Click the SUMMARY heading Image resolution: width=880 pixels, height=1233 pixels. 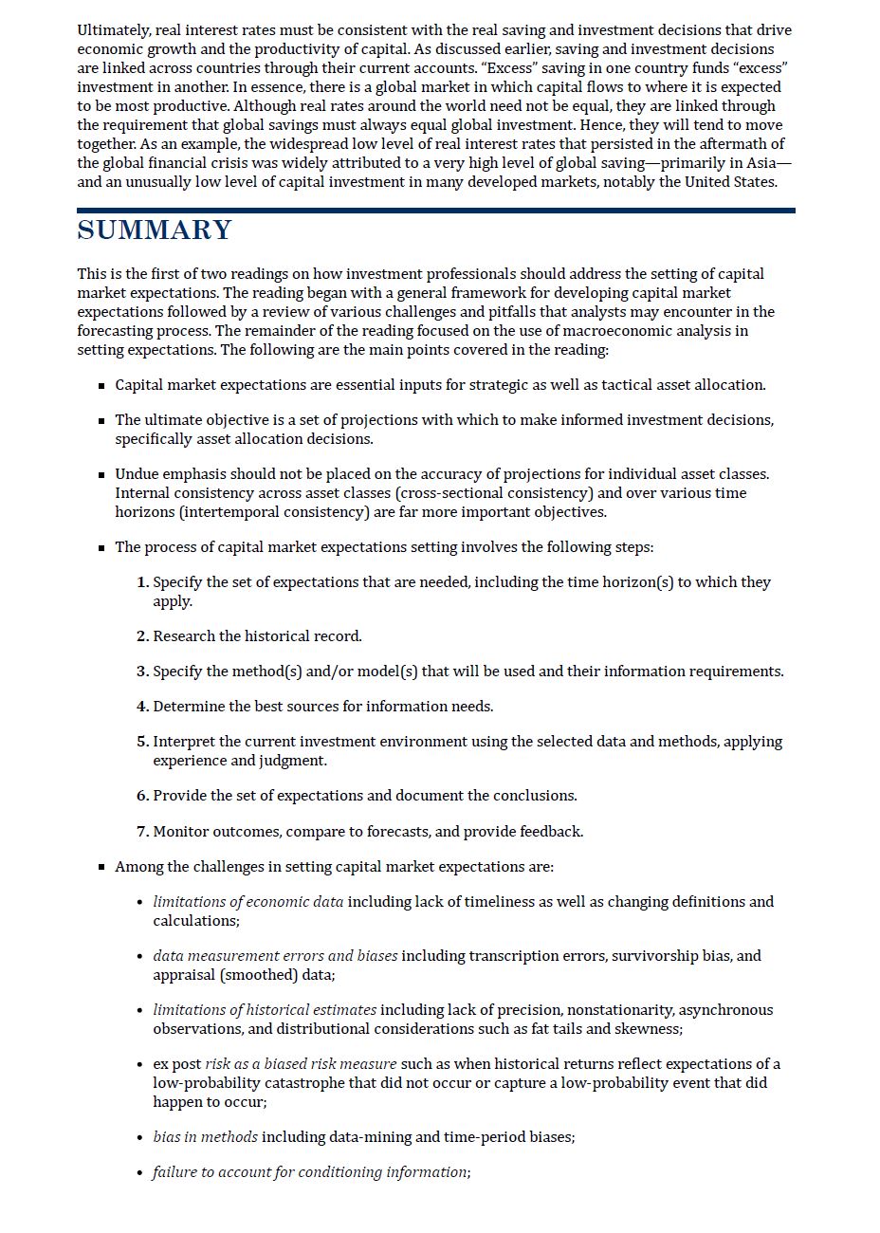pyautogui.click(x=155, y=230)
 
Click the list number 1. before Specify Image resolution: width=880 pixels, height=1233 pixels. pyautogui.click(x=142, y=582)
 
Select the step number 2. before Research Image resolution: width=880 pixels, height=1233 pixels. pyautogui.click(x=142, y=636)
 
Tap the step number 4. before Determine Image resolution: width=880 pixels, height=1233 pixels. pyautogui.click(x=142, y=707)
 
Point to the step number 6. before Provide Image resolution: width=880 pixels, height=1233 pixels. pyautogui.click(x=142, y=796)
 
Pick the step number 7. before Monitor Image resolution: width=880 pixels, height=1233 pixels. pyautogui.click(x=142, y=832)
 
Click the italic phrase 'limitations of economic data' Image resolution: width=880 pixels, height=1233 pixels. pyautogui.click(x=247, y=902)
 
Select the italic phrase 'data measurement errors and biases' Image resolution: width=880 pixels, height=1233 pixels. pyautogui.click(x=275, y=956)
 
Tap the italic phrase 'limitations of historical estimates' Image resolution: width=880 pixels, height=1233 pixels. pyautogui.click(x=265, y=1010)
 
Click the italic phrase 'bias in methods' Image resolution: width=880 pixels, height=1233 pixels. pyautogui.click(x=205, y=1137)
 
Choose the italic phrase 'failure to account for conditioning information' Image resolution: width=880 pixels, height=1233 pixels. pyautogui.click(x=310, y=1172)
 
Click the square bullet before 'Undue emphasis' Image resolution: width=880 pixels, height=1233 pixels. pyautogui.click(x=101, y=475)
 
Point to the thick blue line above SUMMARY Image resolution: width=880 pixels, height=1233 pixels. pyautogui.click(x=436, y=211)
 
